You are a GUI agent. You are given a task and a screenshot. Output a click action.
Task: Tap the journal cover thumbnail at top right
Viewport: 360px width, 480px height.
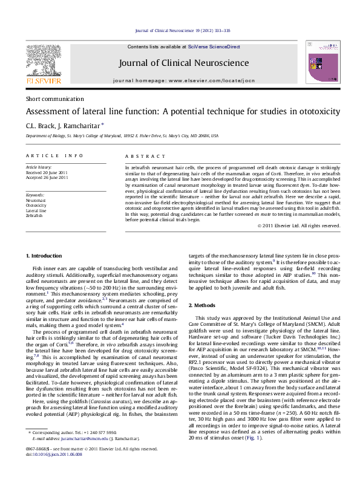321,62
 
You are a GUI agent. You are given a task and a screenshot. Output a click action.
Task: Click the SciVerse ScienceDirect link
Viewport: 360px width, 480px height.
214,47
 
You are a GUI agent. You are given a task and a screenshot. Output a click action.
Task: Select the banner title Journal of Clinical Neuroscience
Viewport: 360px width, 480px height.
183,63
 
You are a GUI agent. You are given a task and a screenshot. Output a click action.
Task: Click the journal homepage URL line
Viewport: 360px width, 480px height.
183,80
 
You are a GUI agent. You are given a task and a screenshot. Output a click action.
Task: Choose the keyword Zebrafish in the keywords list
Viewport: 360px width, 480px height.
34,215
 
